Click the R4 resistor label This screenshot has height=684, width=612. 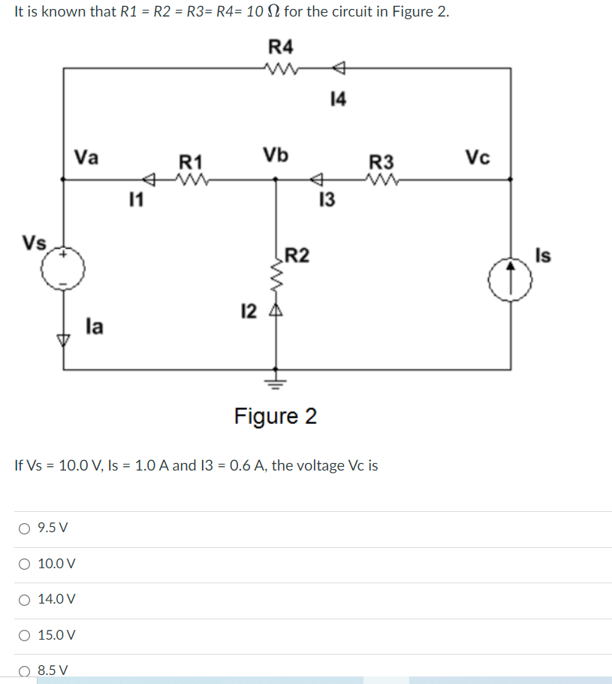(281, 47)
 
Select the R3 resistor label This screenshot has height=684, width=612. (381, 162)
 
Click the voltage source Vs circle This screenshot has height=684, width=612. (64, 268)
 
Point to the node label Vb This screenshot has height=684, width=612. (275, 155)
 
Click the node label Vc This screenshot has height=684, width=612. (478, 157)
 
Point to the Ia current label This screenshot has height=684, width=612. (95, 326)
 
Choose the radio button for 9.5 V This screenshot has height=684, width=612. (25, 528)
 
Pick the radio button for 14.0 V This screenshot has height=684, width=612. (25, 599)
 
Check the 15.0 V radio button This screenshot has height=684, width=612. (25, 635)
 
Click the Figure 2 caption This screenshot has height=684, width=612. (275, 416)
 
